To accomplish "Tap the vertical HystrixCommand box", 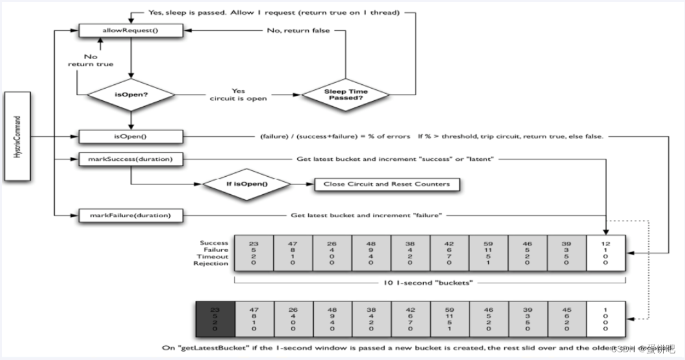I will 17,136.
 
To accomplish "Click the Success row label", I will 214,243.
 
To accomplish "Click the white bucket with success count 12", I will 606,253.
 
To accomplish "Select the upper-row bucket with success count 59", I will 489,253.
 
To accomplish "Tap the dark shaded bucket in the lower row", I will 215,319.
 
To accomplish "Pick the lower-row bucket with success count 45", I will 567,319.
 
